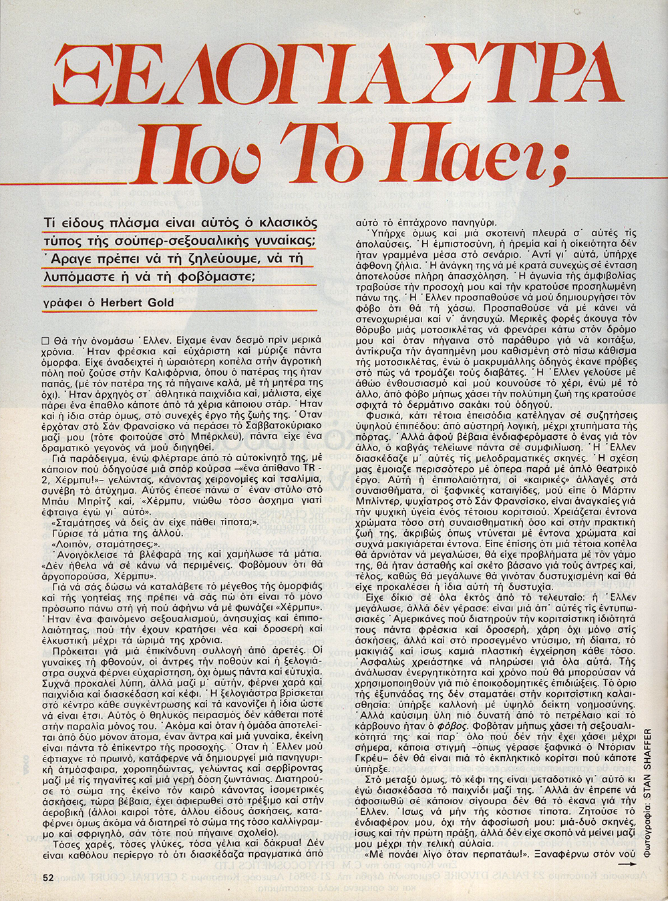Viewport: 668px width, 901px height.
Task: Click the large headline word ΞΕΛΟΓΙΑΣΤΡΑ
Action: [333, 75]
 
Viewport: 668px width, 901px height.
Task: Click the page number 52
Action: [47, 878]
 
